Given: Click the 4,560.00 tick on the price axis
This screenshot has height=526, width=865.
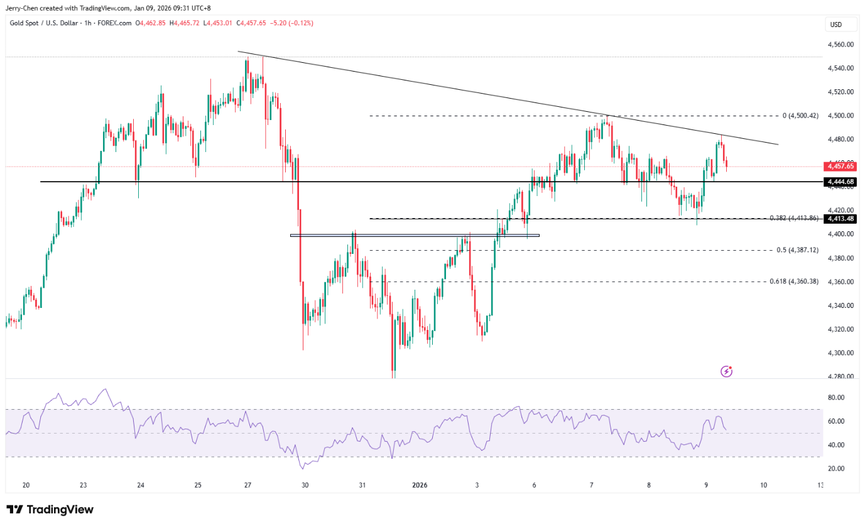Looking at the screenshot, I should click(x=841, y=45).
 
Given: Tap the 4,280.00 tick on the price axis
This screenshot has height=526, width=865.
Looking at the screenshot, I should click(x=841, y=376).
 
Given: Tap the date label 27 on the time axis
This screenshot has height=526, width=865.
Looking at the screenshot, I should click(x=248, y=485).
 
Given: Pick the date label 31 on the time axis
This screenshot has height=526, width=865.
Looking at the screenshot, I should click(x=362, y=485).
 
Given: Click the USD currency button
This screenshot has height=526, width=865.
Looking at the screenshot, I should click(x=835, y=25).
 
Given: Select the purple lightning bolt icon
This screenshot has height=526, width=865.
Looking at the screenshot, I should click(x=726, y=371).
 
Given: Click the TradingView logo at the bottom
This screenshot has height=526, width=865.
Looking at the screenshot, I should click(x=50, y=510).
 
